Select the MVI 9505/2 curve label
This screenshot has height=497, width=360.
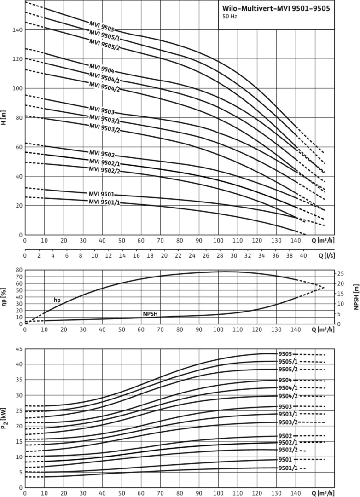pos(105,45)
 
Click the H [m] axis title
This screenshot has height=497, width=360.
pos(4,118)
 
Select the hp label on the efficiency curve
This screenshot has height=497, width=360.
pos(57,300)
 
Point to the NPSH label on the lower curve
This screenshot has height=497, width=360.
pos(151,314)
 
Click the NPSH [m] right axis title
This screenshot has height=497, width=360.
pos(356,297)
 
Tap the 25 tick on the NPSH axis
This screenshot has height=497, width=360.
pos(341,273)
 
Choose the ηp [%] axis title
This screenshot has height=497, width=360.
pos(4,297)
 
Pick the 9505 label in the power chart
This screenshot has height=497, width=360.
pos(285,354)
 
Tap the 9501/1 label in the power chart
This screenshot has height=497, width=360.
pos(288,468)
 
